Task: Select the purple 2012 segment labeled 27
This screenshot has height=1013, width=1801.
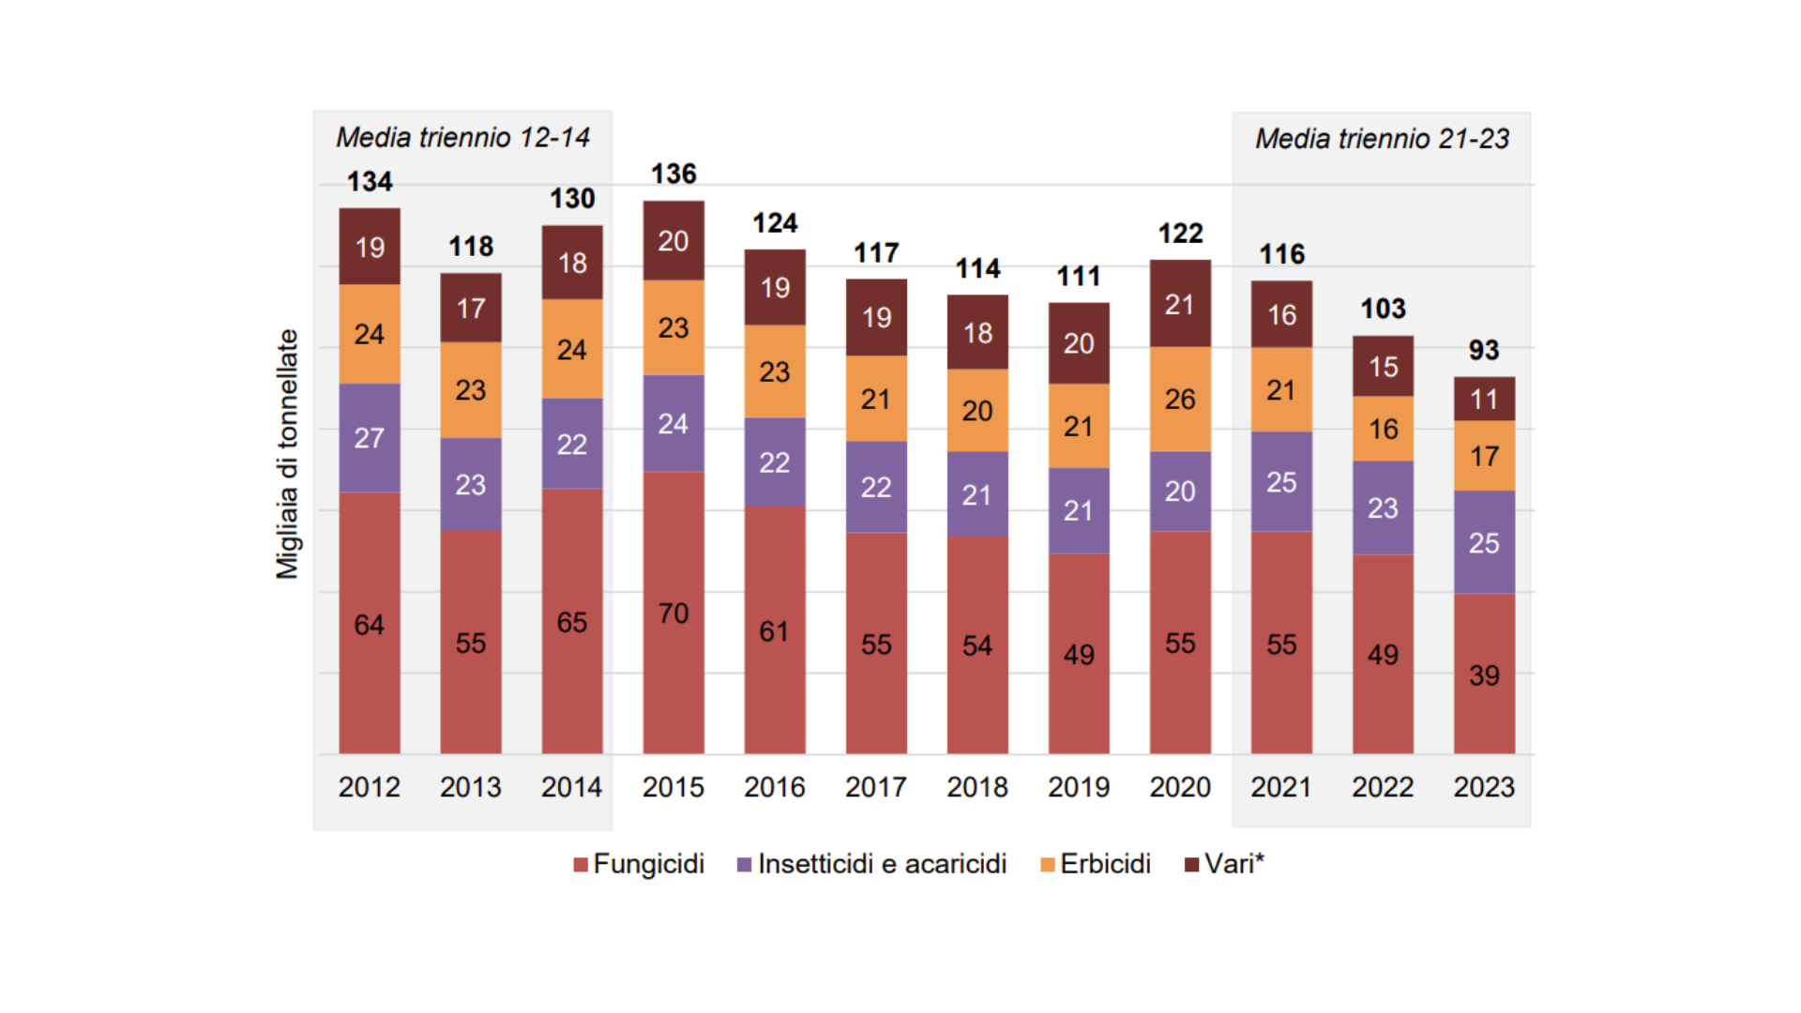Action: pyautogui.click(x=369, y=437)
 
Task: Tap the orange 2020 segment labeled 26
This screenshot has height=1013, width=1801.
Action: pyautogui.click(x=1179, y=399)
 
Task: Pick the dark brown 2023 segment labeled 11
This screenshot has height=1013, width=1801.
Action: pyautogui.click(x=1483, y=399)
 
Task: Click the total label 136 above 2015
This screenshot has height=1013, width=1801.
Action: pyautogui.click(x=673, y=174)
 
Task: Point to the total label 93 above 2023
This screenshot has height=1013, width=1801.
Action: pyautogui.click(x=1483, y=350)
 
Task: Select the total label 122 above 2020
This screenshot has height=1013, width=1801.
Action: pyautogui.click(x=1179, y=233)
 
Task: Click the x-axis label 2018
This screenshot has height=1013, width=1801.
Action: pyautogui.click(x=976, y=787)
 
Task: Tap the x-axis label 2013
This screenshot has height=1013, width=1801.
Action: pyautogui.click(x=470, y=787)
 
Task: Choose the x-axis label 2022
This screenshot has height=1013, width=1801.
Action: pyautogui.click(x=1382, y=787)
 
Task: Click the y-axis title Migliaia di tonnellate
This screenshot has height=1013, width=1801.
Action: pyautogui.click(x=287, y=454)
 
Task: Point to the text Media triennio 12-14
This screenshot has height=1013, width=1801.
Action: pyautogui.click(x=462, y=138)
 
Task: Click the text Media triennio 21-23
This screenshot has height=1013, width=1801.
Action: pyautogui.click(x=1382, y=139)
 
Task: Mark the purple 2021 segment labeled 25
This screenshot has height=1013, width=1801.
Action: pyautogui.click(x=1280, y=481)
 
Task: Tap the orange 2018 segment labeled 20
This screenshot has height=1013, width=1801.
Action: pyautogui.click(x=976, y=410)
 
